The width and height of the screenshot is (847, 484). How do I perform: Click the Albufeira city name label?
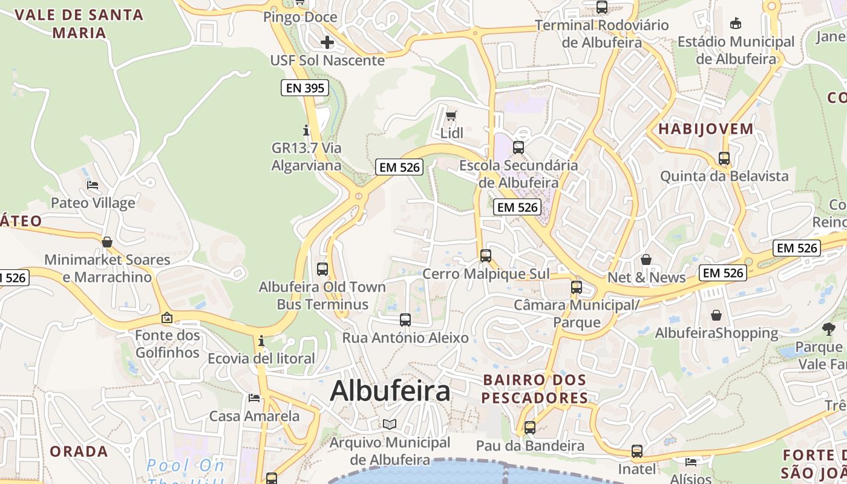pos(390,391)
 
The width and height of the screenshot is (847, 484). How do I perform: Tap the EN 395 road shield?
pos(306,88)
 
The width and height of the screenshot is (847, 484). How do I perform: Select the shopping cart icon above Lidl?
pos(451,116)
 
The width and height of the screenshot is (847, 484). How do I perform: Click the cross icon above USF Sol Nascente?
pos(327,42)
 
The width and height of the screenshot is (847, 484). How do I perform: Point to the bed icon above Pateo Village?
pos(93,185)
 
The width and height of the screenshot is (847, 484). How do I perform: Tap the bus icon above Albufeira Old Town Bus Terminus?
pos(322,269)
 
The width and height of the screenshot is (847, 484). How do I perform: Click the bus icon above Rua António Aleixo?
pos(405,319)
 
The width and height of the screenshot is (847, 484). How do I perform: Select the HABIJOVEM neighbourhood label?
pos(706,129)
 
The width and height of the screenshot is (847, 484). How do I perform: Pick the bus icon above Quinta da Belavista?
pos(724,159)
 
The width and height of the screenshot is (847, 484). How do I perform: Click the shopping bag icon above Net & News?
pos(646,260)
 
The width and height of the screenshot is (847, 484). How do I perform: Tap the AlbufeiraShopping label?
pos(717,333)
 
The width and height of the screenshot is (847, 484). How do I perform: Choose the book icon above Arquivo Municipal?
pos(390,424)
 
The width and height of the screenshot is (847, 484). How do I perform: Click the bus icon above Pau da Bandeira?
pos(530,428)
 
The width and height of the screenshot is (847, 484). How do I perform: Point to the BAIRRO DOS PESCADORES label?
pos(535,389)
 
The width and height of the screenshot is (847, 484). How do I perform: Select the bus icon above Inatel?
pos(637,451)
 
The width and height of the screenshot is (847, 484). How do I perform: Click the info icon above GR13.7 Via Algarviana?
pos(306,130)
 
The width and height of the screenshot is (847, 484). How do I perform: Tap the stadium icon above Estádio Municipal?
pos(736,24)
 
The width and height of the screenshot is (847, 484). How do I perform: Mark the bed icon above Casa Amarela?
pos(254,398)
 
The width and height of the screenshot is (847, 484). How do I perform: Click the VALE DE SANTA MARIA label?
pos(79,24)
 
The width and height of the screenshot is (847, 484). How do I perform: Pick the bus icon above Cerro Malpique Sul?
pos(486,255)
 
